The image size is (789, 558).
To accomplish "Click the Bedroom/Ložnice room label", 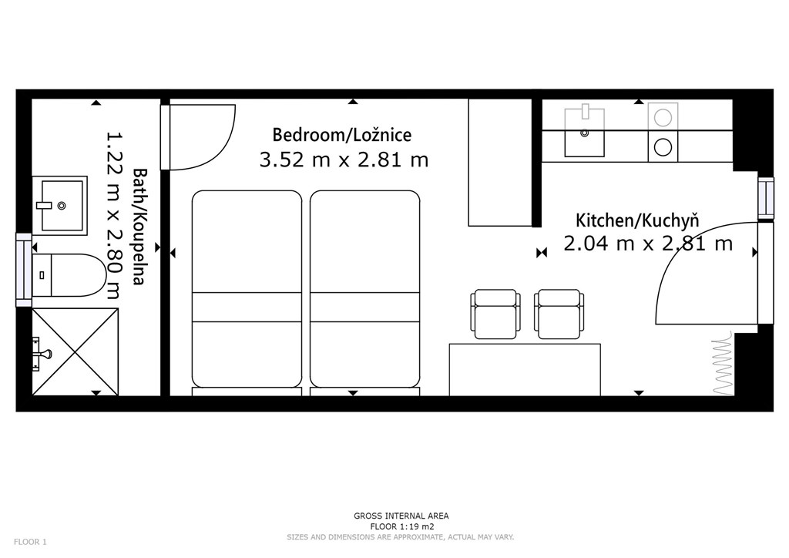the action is click(x=341, y=135).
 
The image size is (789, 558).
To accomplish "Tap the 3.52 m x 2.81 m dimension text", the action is click(x=344, y=160).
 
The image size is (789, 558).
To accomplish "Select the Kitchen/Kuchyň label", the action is click(x=637, y=220).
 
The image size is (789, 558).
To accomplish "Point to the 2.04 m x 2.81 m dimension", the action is click(x=647, y=244).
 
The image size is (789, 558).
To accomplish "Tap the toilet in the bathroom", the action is click(x=69, y=274).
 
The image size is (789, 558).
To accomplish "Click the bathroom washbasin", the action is click(x=60, y=205).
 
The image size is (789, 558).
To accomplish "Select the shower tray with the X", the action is click(x=76, y=351).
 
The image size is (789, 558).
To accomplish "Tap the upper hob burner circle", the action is click(x=663, y=118).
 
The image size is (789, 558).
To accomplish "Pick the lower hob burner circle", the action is click(x=663, y=147).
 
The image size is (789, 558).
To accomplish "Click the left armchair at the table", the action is click(x=495, y=314).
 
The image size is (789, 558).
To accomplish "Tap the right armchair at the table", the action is click(x=559, y=314).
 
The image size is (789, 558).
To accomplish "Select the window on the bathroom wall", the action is click(x=24, y=269).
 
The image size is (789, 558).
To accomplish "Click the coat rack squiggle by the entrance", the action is click(x=723, y=363).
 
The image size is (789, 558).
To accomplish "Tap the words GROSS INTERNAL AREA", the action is click(x=401, y=516).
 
